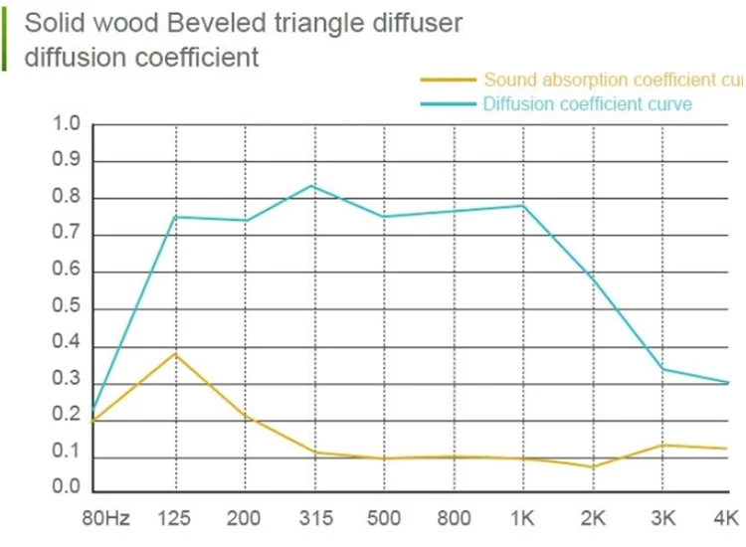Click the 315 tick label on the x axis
coord(314,518)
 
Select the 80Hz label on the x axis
coord(105,518)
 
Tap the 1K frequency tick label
coord(523,518)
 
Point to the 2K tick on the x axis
coord(594,518)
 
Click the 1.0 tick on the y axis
coord(66,124)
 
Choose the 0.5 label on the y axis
coord(66,308)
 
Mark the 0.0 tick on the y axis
coord(66,488)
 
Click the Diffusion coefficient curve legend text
coord(587,103)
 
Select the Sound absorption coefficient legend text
coord(613,79)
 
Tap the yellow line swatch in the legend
coord(449,79)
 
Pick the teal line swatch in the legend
coord(449,103)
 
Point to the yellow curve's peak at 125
coord(176,353)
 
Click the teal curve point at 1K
coord(523,205)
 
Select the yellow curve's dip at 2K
coord(594,466)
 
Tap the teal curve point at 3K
coord(663,369)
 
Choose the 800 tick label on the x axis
coord(453,518)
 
